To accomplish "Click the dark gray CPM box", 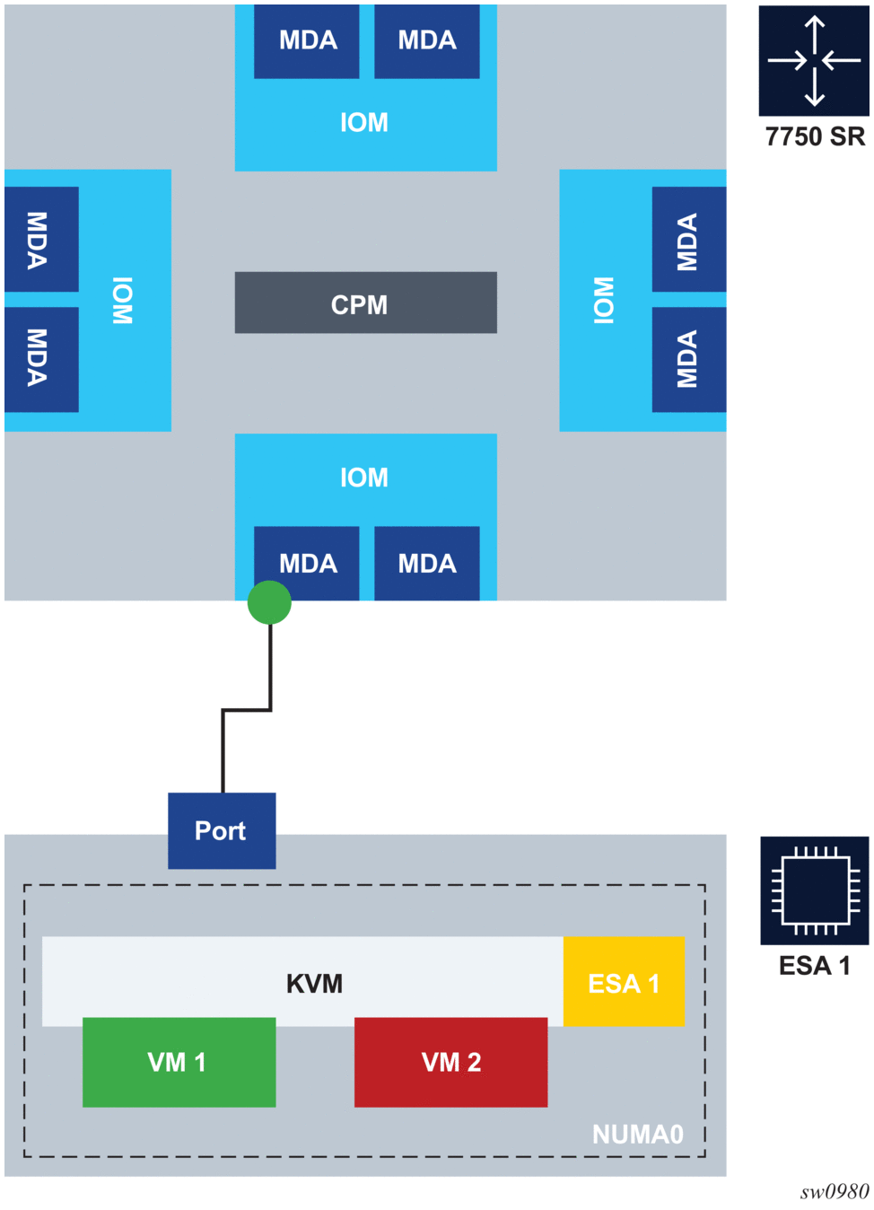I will [x=365, y=303].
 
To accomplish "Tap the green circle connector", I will [x=269, y=602].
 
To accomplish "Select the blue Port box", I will [x=222, y=830].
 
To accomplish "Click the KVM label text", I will [x=314, y=984].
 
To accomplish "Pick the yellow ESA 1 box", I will [x=624, y=982].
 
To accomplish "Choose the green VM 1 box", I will [x=179, y=1062].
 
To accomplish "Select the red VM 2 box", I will [x=450, y=1062].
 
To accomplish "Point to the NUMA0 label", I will [x=637, y=1135].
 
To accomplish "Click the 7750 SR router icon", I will [x=814, y=61].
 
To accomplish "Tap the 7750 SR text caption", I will [x=815, y=136].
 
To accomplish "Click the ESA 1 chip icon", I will [x=814, y=890].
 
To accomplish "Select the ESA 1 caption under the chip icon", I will [x=814, y=966].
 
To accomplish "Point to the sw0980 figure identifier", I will [x=835, y=1192].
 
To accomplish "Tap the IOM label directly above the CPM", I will [x=364, y=122].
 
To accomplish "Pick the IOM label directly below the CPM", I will [x=364, y=478].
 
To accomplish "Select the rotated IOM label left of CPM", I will [x=123, y=300].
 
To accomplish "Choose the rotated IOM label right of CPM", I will [x=604, y=300].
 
